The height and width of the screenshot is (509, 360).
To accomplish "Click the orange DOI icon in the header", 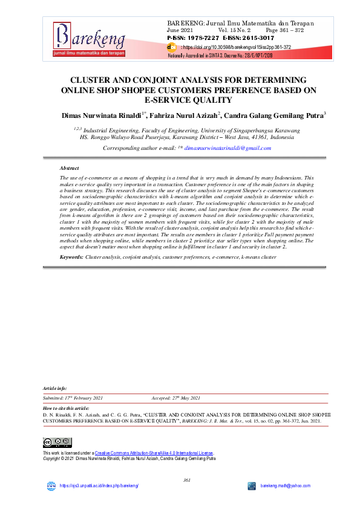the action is click(172, 47).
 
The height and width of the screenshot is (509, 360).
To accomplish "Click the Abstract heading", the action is click(69, 167).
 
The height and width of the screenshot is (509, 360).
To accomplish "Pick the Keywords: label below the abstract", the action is click(71, 258).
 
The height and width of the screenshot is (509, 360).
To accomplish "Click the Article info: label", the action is click(55, 387).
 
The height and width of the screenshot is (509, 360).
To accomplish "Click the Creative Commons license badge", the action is click(57, 443).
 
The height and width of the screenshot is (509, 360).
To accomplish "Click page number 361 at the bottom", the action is click(187, 480).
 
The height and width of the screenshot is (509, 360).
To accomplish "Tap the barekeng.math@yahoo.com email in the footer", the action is click(286, 486).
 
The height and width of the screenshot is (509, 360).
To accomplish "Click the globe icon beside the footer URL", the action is click(51, 486).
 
